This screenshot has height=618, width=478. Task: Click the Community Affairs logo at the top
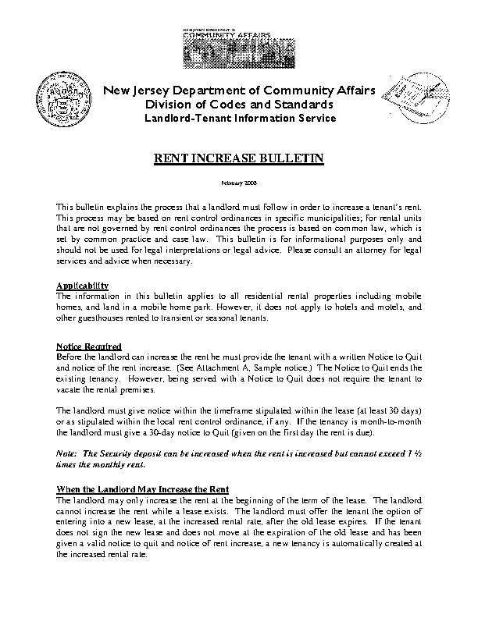tap(239, 49)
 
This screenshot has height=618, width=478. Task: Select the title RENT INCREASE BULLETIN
tap(238, 159)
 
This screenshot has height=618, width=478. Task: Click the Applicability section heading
tap(83, 286)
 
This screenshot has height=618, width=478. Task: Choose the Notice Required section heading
tap(89, 346)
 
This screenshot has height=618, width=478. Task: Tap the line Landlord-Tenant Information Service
tap(239, 119)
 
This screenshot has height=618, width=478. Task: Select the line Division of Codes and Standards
tap(239, 105)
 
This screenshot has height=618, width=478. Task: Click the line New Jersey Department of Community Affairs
tap(239, 90)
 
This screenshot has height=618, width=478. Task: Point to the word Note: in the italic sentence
tap(68, 454)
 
